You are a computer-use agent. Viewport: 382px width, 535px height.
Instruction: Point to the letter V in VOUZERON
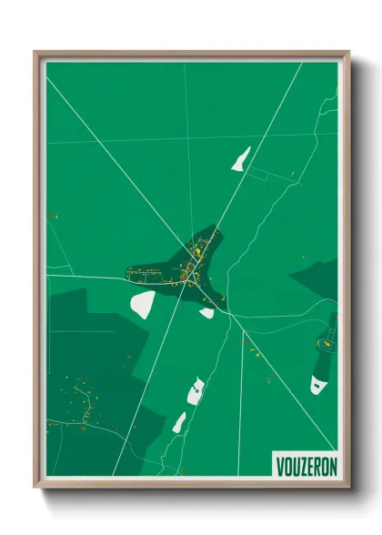click(x=279, y=466)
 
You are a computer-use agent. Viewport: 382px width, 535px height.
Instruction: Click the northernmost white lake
click(x=241, y=159)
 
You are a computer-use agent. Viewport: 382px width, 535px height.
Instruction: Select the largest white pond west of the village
click(x=143, y=304)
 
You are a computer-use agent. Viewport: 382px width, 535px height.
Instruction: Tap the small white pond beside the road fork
click(x=207, y=313)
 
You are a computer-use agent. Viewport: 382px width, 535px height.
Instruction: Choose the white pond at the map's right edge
click(x=317, y=384)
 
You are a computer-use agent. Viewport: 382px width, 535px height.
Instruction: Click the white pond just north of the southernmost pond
click(x=195, y=392)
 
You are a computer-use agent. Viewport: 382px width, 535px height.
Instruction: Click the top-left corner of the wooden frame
click(x=35, y=53)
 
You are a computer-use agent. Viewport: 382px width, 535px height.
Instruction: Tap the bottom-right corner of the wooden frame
click(x=348, y=487)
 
